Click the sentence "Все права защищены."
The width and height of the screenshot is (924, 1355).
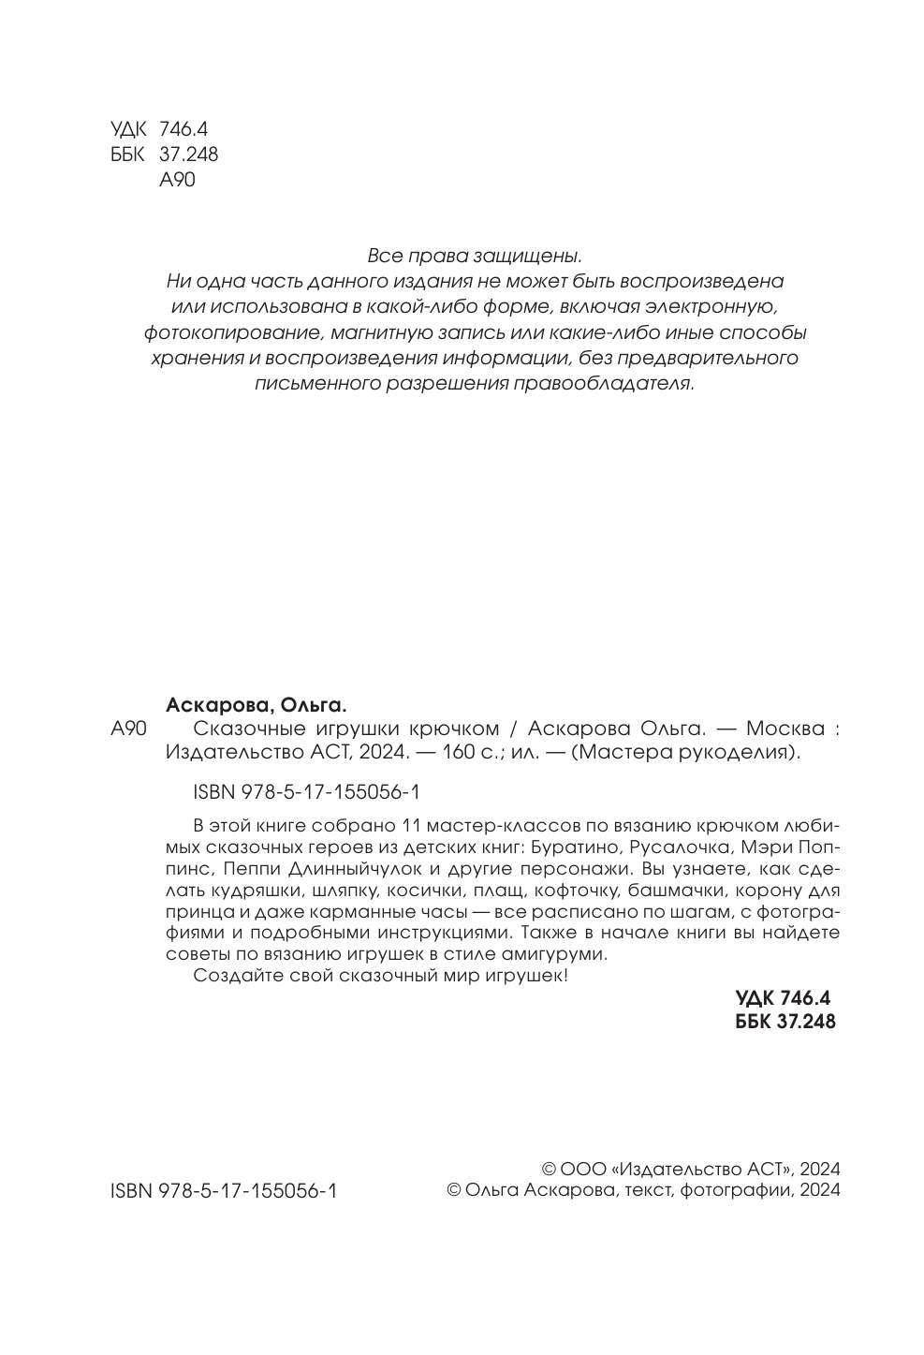pyautogui.click(x=475, y=255)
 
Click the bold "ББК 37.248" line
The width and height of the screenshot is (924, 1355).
pyautogui.click(x=786, y=1021)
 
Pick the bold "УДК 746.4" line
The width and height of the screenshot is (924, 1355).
pyautogui.click(x=785, y=998)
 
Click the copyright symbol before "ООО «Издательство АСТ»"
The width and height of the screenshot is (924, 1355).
pyautogui.click(x=550, y=1169)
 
